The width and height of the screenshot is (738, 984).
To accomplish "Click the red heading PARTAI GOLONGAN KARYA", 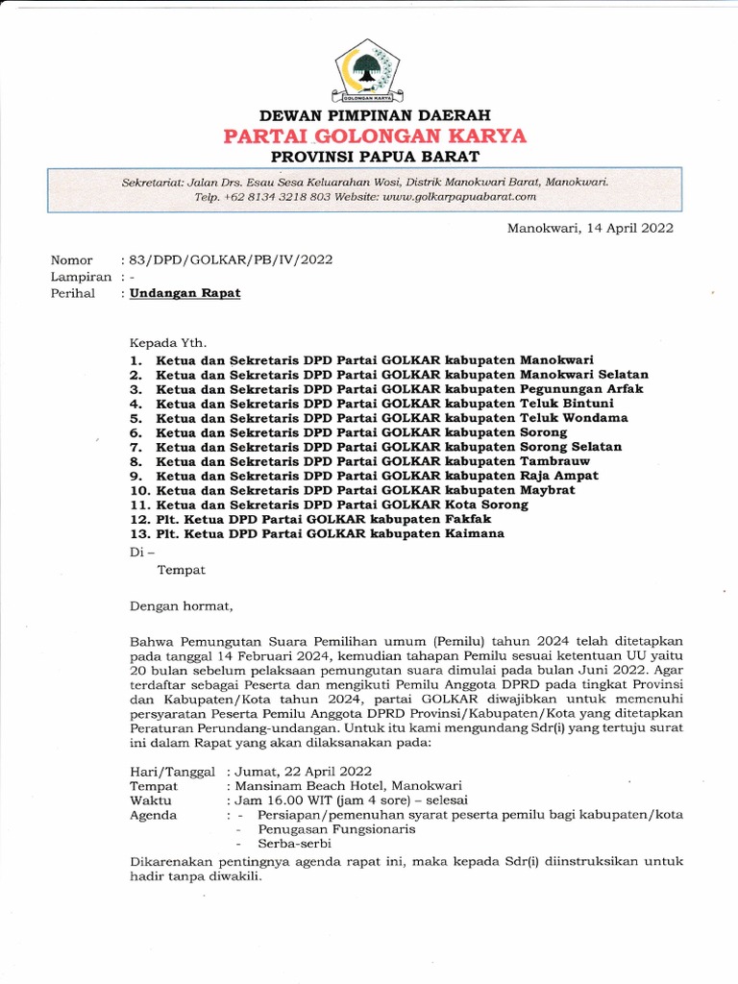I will click(x=374, y=135).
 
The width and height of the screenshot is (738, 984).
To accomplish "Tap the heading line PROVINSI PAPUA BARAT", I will click(x=374, y=156).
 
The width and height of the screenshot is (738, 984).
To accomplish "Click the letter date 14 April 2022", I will click(x=625, y=228).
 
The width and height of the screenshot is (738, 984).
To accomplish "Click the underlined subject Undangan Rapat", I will click(x=186, y=293).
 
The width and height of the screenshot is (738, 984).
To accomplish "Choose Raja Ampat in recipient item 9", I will click(x=559, y=476).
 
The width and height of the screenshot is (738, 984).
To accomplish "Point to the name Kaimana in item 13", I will click(x=472, y=533).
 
